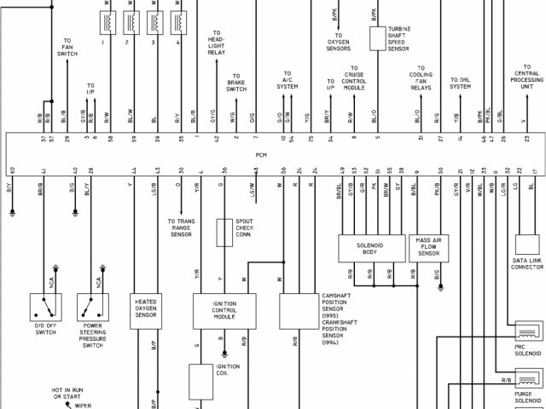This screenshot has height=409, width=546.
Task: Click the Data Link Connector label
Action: (527, 263)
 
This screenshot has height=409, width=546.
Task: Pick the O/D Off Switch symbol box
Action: (44, 305)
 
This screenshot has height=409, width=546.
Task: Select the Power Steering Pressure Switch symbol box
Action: (91, 305)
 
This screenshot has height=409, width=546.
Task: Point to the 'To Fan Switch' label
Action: (67, 47)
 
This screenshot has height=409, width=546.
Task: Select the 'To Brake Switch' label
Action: (236, 82)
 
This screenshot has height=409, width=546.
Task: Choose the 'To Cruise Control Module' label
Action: (354, 81)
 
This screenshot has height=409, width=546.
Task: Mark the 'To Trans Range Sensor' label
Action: (180, 228)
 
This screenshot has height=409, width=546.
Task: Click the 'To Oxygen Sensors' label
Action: (338, 44)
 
